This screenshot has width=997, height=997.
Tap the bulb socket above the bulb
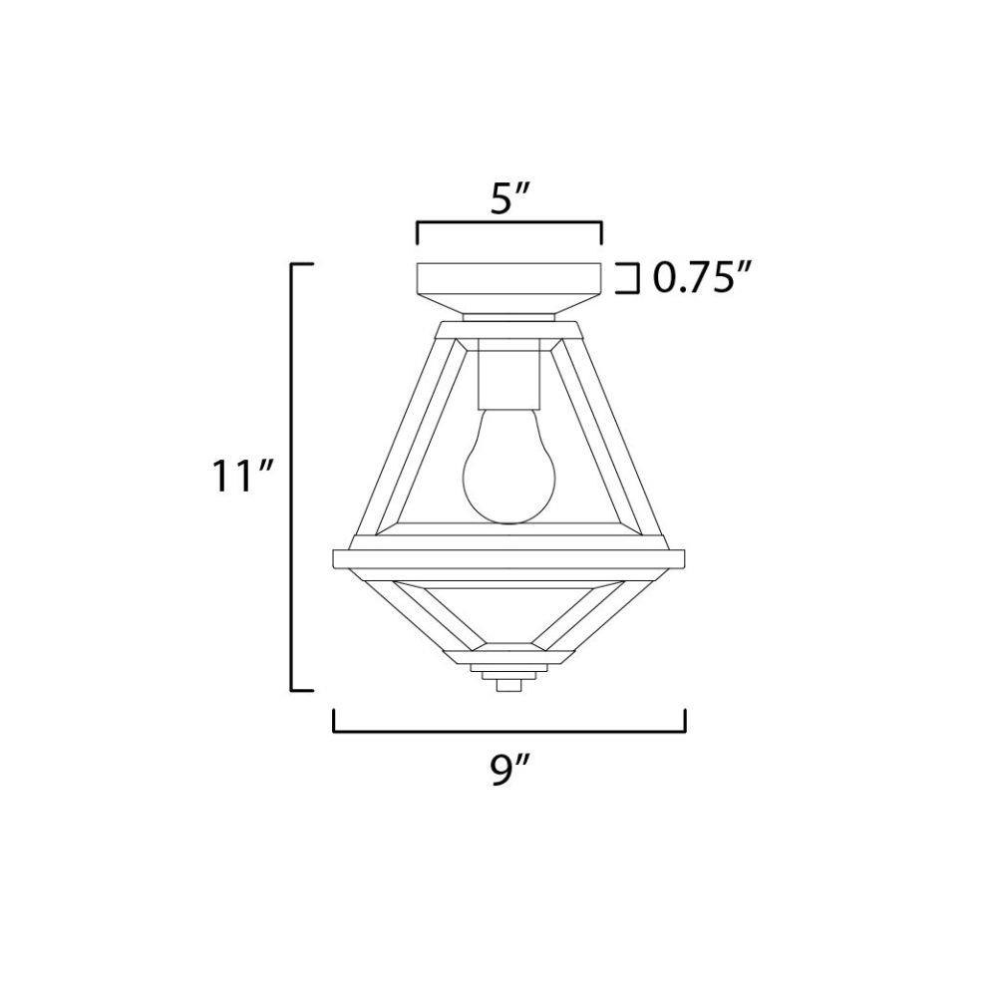pos(508,379)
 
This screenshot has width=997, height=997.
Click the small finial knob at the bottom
pos(507,686)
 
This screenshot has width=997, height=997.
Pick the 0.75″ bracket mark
pos(629,278)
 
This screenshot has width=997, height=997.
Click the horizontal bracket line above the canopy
pos(508,222)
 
